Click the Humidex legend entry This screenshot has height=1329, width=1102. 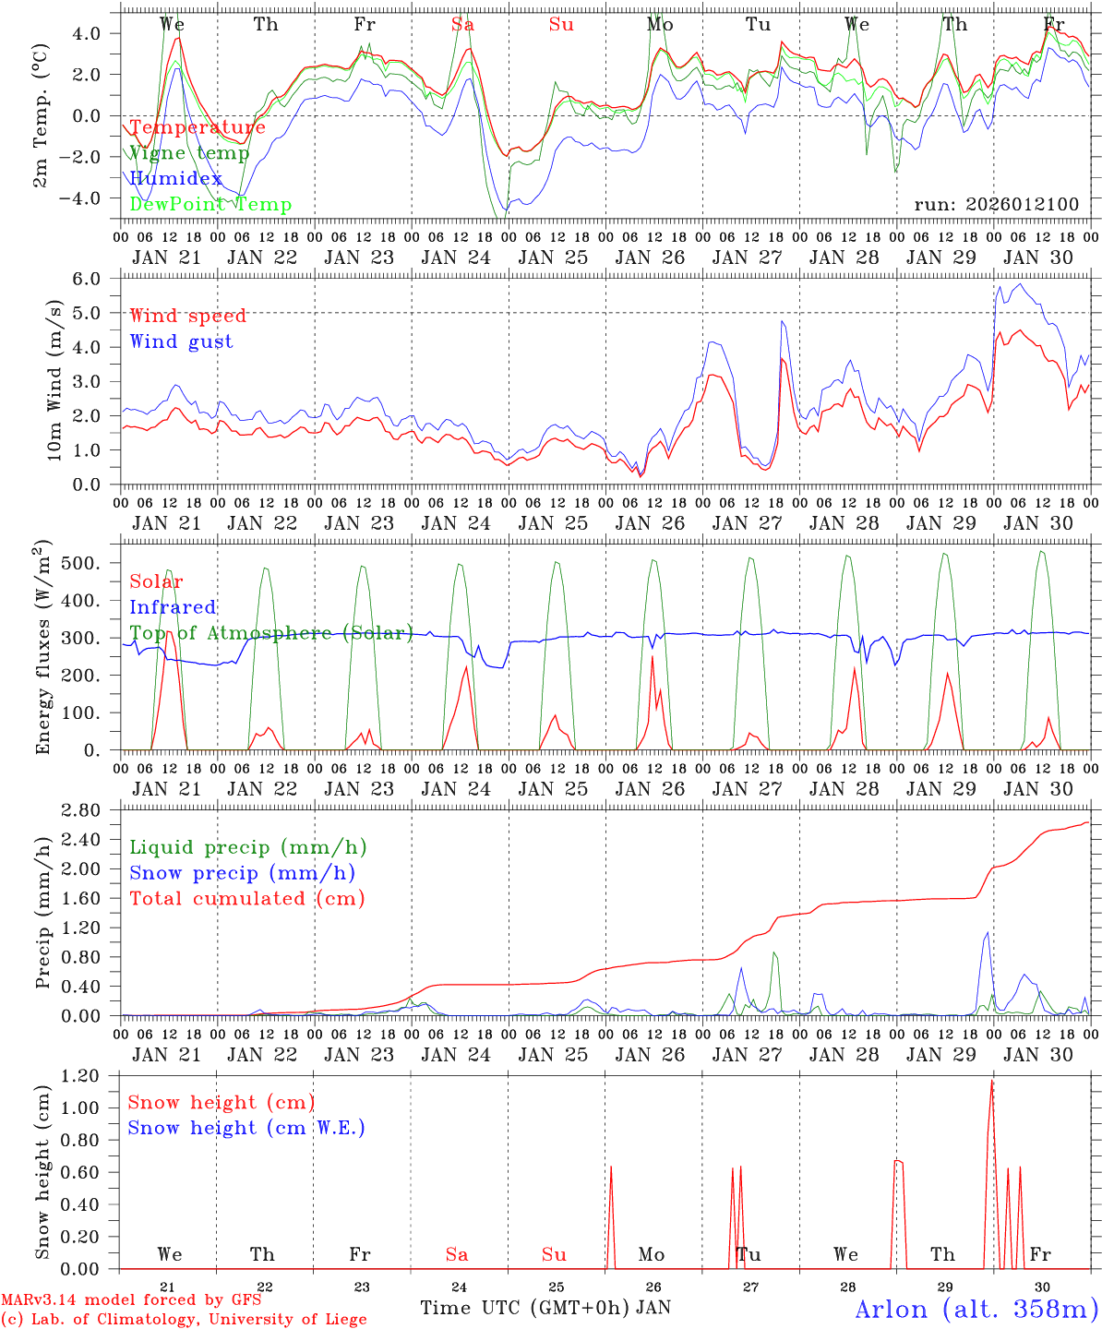(175, 179)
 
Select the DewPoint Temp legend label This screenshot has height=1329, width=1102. (210, 205)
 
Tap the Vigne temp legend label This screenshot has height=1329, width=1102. (189, 153)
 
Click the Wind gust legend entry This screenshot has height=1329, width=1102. (181, 341)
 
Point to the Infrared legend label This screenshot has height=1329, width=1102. (173, 607)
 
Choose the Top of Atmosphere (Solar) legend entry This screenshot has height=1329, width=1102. (270, 633)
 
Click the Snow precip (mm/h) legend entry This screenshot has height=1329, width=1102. (242, 873)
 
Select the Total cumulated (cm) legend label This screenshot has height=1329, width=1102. (246, 899)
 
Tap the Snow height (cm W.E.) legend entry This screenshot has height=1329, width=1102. (246, 1128)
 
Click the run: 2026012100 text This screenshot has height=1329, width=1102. (996, 205)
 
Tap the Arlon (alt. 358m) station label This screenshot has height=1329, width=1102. (976, 1309)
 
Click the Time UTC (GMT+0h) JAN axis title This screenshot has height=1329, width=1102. (545, 1308)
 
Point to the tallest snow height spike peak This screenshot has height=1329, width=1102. (992, 1081)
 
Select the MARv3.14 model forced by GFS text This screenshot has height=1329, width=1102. (131, 1300)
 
